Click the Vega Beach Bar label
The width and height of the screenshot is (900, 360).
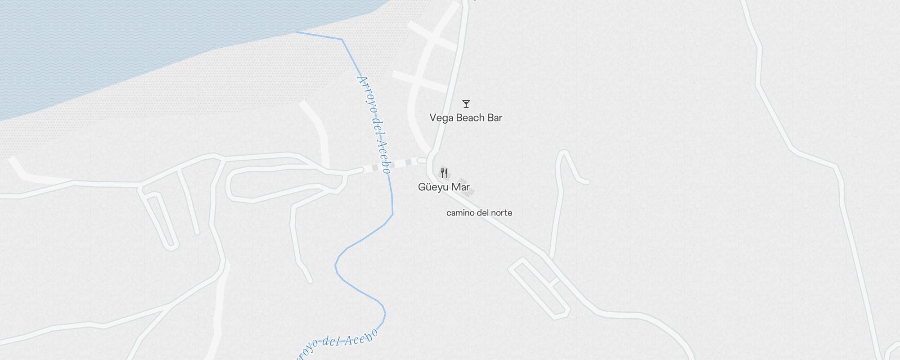pos(466,118)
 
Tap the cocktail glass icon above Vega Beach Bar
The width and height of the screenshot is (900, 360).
pos(466,104)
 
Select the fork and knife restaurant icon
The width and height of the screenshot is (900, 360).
pos(444,173)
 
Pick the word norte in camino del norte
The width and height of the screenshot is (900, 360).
pos(501,213)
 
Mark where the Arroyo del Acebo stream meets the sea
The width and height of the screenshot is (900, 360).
pos(296,32)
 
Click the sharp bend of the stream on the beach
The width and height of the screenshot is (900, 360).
pos(342,40)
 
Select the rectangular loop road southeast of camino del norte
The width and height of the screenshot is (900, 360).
pos(539,288)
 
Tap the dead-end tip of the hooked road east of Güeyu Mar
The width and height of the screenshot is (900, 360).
pos(586,182)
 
